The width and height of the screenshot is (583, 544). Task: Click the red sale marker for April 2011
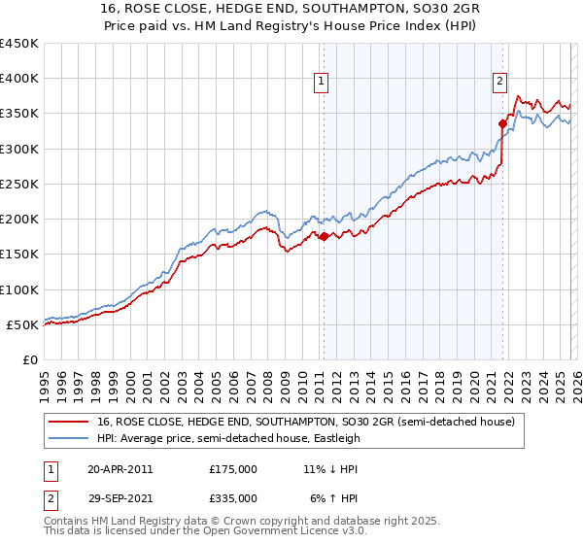tap(324, 236)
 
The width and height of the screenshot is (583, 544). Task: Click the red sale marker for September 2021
tap(502, 123)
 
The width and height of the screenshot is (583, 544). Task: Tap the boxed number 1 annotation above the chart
tap(322, 83)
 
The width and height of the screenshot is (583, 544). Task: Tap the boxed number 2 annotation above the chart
tap(500, 83)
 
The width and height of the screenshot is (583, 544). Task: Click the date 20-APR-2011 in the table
tap(120, 468)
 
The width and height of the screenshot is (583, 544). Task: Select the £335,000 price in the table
tap(233, 497)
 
